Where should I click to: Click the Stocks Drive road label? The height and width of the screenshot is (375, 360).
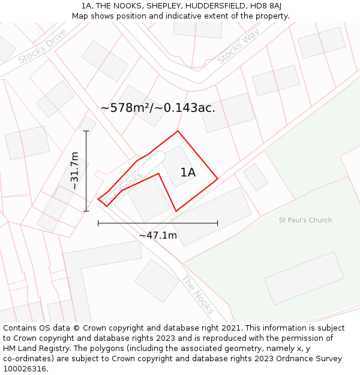click(42, 46)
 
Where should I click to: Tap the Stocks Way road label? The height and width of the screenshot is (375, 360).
click(238, 46)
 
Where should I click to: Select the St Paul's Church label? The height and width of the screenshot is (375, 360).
click(305, 220)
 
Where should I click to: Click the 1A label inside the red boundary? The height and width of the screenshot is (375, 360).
click(188, 173)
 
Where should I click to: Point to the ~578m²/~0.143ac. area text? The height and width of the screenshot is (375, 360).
click(158, 108)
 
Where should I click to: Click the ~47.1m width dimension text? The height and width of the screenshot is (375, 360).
click(158, 235)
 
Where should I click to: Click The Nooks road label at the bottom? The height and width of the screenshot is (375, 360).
click(197, 290)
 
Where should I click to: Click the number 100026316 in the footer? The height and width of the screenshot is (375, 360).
click(25, 369)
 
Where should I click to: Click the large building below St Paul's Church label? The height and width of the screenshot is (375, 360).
click(304, 278)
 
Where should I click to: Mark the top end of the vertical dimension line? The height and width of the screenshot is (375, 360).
click(86, 131)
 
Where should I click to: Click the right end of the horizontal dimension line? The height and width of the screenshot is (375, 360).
click(217, 223)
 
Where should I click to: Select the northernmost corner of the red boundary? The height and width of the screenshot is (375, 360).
click(178, 131)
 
